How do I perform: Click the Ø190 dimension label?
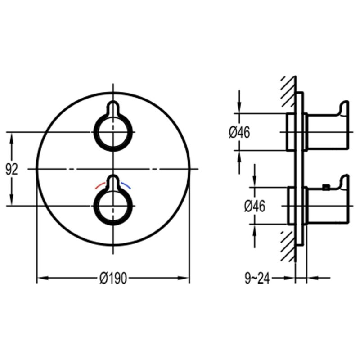pos(113,278)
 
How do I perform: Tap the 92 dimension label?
pos(12,170)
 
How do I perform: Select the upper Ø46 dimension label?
pos(239,133)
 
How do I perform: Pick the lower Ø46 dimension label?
pos(255,206)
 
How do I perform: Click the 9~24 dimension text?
pos(257,279)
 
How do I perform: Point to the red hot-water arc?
pos(100,185)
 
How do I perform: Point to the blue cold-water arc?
pos(126,185)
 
